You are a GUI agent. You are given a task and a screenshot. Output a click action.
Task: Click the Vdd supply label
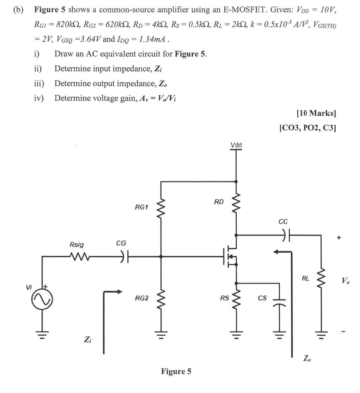[x=236, y=145]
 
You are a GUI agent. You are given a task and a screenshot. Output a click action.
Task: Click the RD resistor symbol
[x=236, y=204]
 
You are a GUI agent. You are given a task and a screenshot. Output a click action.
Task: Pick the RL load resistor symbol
[x=321, y=279]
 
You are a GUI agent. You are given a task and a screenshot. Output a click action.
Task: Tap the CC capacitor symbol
[x=286, y=235]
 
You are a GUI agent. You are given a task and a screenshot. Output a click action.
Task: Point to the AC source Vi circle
[x=42, y=300]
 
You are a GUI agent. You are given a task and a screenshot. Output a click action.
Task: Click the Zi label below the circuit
[x=87, y=340]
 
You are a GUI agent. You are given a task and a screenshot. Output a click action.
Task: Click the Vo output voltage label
[x=345, y=281]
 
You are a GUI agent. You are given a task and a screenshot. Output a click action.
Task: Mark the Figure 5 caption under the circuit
[x=176, y=371]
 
